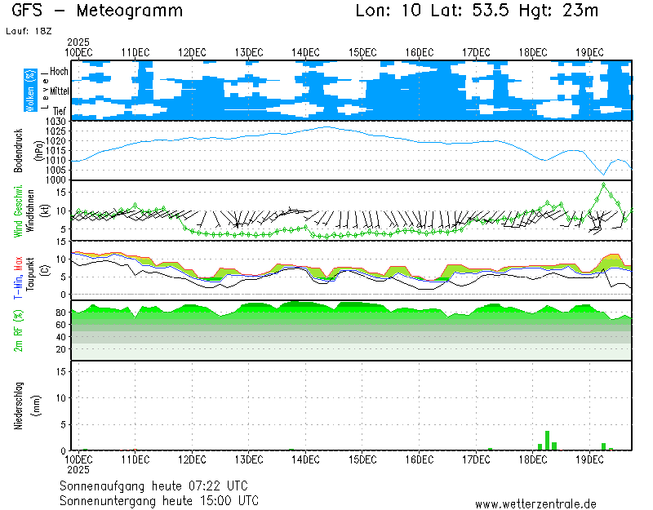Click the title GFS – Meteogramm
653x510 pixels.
(x=98, y=11)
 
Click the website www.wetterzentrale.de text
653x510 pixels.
(x=535, y=505)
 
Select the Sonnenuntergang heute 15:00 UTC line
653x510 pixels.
(x=159, y=499)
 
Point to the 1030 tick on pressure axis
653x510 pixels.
(x=56, y=122)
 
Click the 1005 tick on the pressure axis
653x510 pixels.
(x=56, y=170)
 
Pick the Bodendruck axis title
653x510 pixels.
(x=17, y=151)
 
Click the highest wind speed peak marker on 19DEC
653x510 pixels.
(x=604, y=184)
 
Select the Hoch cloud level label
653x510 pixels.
(x=59, y=72)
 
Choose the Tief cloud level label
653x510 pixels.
(x=60, y=109)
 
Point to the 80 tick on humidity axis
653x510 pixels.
(x=60, y=312)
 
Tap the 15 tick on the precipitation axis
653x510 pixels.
(x=61, y=371)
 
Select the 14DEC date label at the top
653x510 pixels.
(x=305, y=52)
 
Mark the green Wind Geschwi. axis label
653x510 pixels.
(x=17, y=211)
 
